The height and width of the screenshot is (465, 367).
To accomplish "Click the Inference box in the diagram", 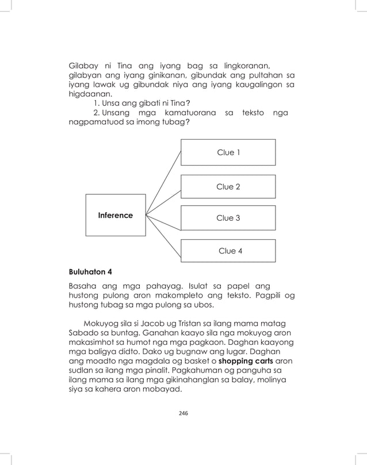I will [115, 216].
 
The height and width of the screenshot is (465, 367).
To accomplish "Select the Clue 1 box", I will [228, 152].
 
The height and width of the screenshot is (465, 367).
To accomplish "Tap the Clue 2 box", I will [228, 187].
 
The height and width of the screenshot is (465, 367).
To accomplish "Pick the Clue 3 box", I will [228, 218].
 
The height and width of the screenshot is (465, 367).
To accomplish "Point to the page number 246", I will [183, 413].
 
